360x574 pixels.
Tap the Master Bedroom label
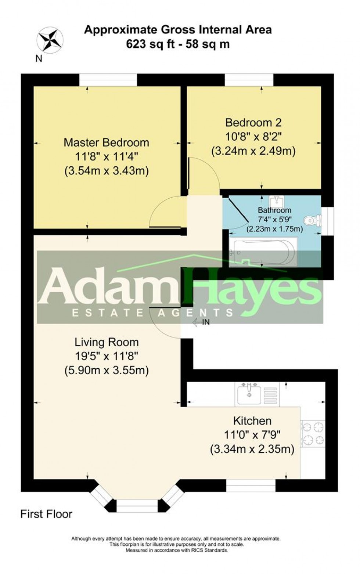point(106,142)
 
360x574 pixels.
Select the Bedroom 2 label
point(253,122)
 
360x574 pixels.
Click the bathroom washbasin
point(276,201)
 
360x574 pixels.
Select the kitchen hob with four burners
point(313,433)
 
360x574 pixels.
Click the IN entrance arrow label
point(201,322)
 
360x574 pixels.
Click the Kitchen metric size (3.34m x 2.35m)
point(252,449)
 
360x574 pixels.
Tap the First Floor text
point(46,514)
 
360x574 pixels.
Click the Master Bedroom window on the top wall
point(108,80)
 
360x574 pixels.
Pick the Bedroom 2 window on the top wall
point(249,80)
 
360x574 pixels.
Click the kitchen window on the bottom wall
point(251,485)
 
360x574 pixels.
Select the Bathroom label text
point(274,210)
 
